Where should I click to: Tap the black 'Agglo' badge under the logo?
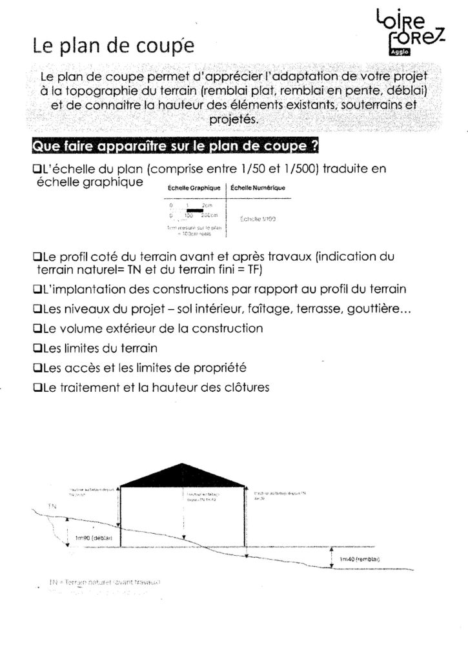[x=396, y=53]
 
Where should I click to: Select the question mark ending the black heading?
[x=314, y=147]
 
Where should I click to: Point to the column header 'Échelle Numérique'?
[x=258, y=188]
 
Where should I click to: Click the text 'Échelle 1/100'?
[x=258, y=219]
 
